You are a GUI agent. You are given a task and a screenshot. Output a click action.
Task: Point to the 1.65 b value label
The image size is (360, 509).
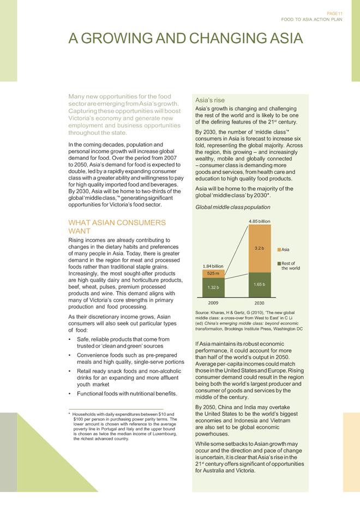click(x=259, y=284)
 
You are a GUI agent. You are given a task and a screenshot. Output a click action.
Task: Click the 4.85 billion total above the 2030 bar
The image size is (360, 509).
click(x=259, y=221)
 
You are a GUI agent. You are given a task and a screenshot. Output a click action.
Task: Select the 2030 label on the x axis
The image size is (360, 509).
click(x=259, y=302)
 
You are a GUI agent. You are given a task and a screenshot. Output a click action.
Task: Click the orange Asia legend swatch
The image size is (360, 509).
click(x=279, y=250)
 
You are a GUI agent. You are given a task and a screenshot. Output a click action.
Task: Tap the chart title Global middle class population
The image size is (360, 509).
click(x=232, y=207)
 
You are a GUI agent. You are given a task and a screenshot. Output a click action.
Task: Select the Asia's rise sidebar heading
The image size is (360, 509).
click(x=209, y=100)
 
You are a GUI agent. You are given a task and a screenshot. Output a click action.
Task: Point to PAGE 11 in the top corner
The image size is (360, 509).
click(x=334, y=13)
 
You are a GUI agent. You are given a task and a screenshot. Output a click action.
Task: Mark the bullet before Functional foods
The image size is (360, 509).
click(x=70, y=393)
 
